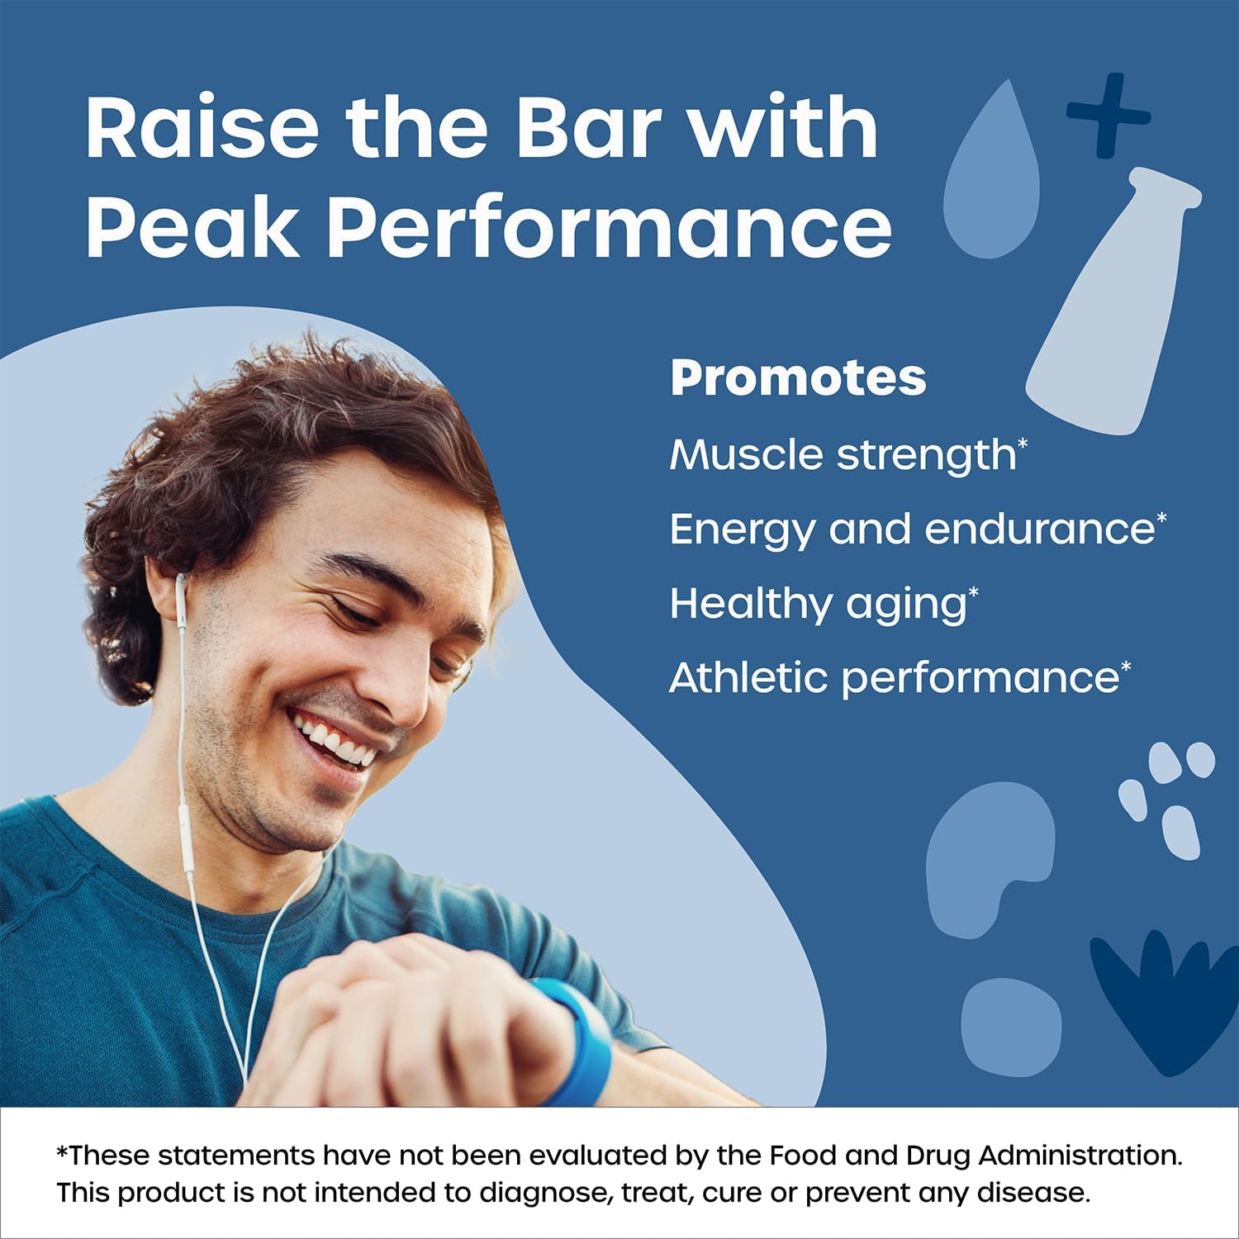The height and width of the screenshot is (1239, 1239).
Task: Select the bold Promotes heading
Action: tap(798, 378)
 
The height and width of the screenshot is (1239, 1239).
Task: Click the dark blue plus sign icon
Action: tap(1108, 115)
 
